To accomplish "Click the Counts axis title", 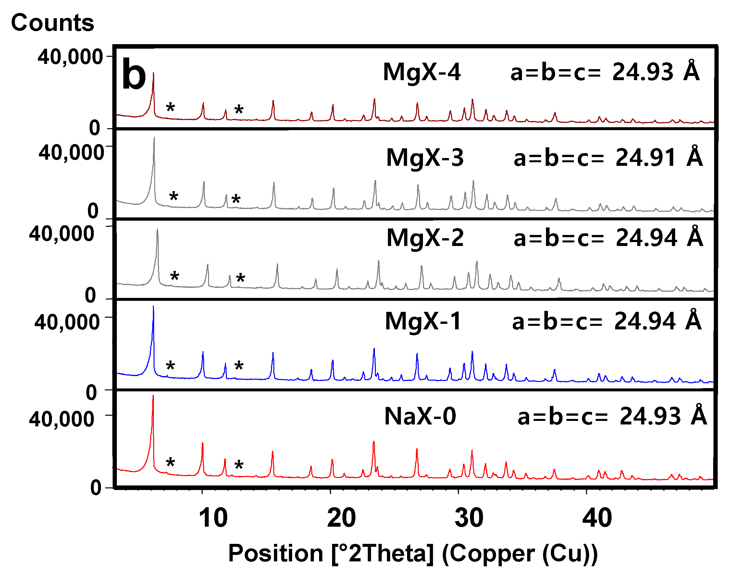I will click(x=52, y=23).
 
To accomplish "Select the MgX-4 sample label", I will click(x=422, y=72).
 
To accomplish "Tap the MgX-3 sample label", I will click(x=425, y=157).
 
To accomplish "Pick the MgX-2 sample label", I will click(x=425, y=238).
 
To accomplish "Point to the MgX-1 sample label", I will click(x=423, y=321).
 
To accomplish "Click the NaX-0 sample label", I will click(x=420, y=416).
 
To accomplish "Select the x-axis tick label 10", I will click(x=213, y=518).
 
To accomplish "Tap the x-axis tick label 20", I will click(x=341, y=518).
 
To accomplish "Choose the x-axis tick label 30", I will click(x=469, y=518).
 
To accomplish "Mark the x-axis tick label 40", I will click(x=597, y=518).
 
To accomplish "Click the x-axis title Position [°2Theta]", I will click(x=413, y=554).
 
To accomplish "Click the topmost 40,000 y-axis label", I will click(x=70, y=57).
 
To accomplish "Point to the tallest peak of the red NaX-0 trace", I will click(x=153, y=397).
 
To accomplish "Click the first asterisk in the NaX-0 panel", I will click(x=170, y=463).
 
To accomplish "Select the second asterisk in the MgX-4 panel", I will click(x=239, y=110).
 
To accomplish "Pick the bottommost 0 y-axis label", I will click(x=95, y=488).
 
